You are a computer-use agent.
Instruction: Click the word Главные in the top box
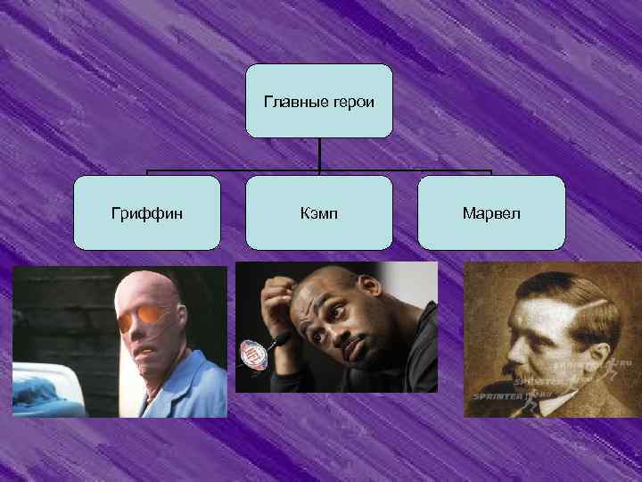coord(291,101)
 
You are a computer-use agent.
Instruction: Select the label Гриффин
coord(147,213)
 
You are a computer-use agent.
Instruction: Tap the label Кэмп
coord(319,213)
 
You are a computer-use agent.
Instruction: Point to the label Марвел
coord(491,213)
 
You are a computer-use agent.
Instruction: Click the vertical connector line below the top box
coord(319,154)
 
